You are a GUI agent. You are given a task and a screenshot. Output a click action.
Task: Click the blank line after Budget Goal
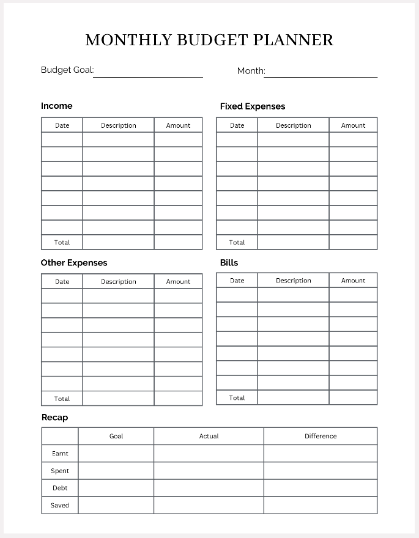[x=148, y=73]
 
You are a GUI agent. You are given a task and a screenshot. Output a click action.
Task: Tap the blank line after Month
[x=321, y=73]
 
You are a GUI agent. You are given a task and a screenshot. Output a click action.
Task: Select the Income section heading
[x=56, y=106]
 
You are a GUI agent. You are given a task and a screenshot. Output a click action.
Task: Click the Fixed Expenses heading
[x=253, y=106]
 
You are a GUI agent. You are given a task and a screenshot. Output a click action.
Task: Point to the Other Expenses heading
[x=74, y=263]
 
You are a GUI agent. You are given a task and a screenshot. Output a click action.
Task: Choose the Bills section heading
[x=229, y=263]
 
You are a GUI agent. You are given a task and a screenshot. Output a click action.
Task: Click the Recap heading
[x=54, y=418]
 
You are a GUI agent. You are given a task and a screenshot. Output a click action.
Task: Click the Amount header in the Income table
[x=178, y=125]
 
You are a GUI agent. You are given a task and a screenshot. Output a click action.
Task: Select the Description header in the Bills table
[x=293, y=281]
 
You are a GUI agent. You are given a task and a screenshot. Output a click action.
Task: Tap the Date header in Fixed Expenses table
[x=237, y=125]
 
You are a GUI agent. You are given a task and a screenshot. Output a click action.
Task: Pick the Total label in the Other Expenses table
[x=62, y=399]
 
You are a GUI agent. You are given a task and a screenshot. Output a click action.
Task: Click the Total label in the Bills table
[x=237, y=397]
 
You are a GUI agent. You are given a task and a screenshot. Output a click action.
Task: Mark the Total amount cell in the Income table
[x=178, y=242]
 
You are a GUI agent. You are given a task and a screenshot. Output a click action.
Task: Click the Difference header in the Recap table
[x=321, y=436]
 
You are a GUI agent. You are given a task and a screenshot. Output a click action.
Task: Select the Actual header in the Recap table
[x=209, y=436]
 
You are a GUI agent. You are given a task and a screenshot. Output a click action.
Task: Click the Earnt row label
[x=60, y=454]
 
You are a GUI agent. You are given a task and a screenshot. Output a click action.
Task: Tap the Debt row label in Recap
[x=60, y=488]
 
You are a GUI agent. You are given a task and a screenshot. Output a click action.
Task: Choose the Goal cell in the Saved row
[x=116, y=505]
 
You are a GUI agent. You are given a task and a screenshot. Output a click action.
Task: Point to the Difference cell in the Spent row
[x=321, y=471]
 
